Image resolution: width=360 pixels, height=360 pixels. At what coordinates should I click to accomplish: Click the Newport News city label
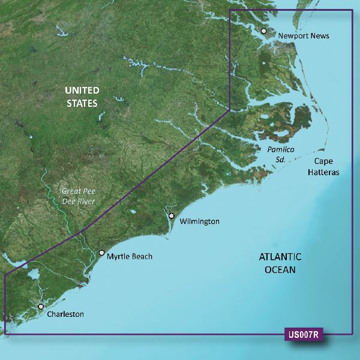coord(304,36)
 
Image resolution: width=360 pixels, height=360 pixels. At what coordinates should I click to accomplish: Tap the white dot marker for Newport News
coord(263,31)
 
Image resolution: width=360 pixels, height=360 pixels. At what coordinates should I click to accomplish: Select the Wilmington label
coord(200,221)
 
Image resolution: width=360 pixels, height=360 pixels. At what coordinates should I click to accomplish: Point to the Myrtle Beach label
coord(130,257)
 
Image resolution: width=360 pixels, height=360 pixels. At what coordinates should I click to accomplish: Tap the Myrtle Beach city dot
coord(101,253)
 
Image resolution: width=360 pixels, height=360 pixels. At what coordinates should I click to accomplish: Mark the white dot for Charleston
coord(41,307)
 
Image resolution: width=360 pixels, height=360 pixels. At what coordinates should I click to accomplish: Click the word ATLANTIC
coord(280,257)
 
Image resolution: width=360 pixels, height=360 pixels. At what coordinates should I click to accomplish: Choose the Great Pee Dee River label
coord(79,197)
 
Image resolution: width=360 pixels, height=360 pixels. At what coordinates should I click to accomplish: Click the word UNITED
coord(82,91)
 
